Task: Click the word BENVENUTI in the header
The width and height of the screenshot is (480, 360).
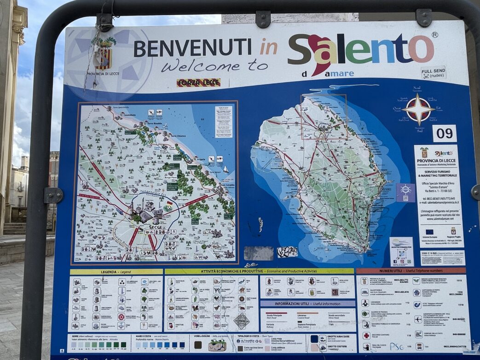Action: (192, 48)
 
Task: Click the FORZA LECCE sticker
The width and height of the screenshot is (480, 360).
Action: (198, 83)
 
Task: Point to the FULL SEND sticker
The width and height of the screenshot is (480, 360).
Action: (433, 73)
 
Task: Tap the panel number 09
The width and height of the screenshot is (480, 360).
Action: (444, 134)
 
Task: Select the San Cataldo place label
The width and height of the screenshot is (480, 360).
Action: (227, 185)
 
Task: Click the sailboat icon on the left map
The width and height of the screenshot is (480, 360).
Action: (226, 169)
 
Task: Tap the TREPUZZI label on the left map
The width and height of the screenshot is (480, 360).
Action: (84, 190)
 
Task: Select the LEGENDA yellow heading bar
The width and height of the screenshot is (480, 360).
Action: (116, 272)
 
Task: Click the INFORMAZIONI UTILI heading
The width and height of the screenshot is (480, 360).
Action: (307, 304)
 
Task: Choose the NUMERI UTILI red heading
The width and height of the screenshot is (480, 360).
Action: (411, 271)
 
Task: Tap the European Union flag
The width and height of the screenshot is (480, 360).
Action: (429, 232)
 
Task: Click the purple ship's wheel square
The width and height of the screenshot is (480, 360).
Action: (405, 192)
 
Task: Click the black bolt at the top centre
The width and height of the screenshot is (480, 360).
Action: (263, 19)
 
